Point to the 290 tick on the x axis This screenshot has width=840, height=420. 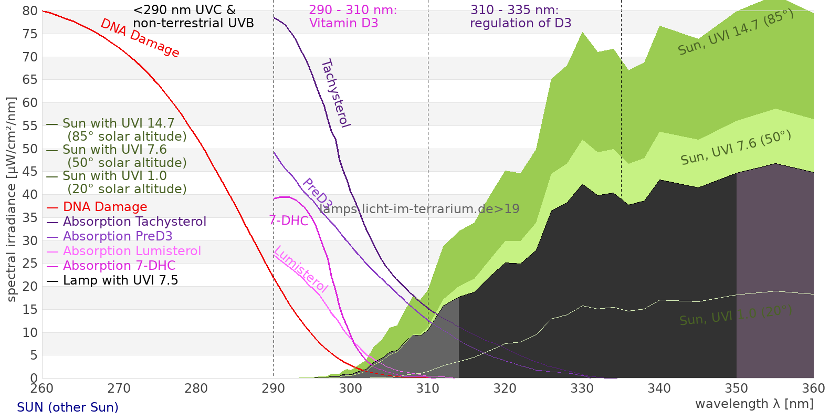(x=274, y=388)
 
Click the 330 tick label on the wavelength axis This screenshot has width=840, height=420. (x=582, y=388)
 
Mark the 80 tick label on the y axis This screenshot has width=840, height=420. (x=30, y=11)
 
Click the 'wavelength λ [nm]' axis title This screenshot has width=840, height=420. (x=754, y=404)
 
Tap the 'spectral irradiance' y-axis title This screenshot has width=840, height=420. (x=12, y=199)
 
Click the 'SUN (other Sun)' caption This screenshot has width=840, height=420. (x=68, y=407)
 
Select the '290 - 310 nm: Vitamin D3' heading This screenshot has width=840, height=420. (x=352, y=16)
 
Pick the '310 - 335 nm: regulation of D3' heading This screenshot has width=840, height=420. (x=520, y=16)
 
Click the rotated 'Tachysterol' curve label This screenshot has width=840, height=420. (x=335, y=93)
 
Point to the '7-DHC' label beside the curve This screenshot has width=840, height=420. (x=288, y=220)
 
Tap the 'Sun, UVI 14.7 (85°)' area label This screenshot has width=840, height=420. (x=736, y=33)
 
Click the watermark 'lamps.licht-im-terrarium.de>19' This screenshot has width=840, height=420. (x=419, y=209)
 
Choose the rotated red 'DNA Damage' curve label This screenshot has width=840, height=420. (x=140, y=38)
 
